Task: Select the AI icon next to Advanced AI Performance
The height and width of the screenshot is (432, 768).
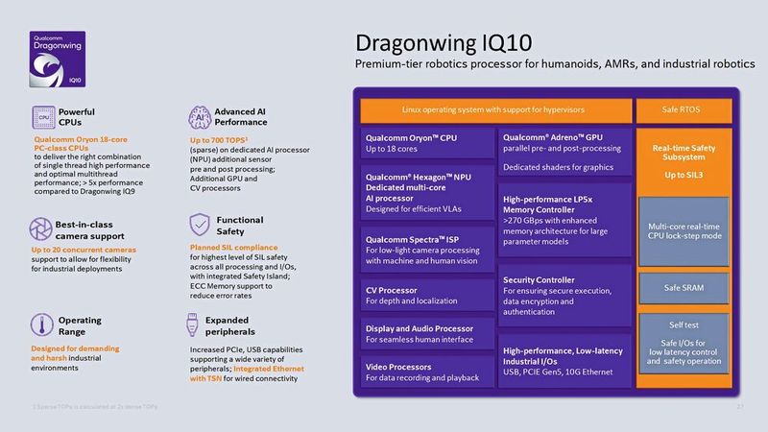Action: point(197,116)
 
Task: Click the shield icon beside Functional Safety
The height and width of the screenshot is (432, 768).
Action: point(199,225)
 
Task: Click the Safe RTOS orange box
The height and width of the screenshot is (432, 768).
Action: point(682,109)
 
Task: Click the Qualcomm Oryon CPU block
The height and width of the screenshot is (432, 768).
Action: point(426,144)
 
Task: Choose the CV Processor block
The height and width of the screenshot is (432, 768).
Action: point(426,296)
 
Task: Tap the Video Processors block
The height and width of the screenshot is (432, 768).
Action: point(426,372)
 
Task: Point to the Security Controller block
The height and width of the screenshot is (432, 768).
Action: point(563,294)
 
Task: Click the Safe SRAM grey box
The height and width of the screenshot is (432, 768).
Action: point(683,287)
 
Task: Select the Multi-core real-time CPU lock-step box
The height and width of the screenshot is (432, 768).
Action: point(683,231)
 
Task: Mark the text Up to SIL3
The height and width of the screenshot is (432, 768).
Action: point(683,175)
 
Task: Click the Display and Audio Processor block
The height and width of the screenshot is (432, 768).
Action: point(426,334)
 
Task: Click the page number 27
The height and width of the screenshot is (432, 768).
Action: point(740,409)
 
